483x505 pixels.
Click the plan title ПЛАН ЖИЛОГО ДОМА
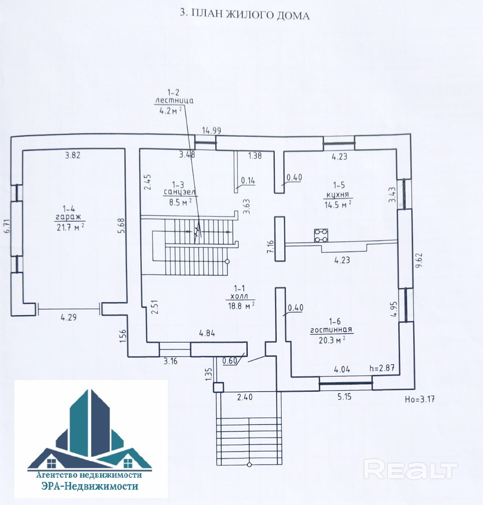(244, 15)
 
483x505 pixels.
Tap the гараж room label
(70, 218)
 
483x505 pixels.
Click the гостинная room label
(331, 330)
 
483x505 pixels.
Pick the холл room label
(240, 296)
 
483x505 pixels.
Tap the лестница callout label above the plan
(173, 100)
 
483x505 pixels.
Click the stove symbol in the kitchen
(321, 235)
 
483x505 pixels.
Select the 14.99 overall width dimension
(211, 131)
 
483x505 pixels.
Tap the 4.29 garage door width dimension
(69, 316)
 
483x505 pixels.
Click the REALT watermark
(410, 470)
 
